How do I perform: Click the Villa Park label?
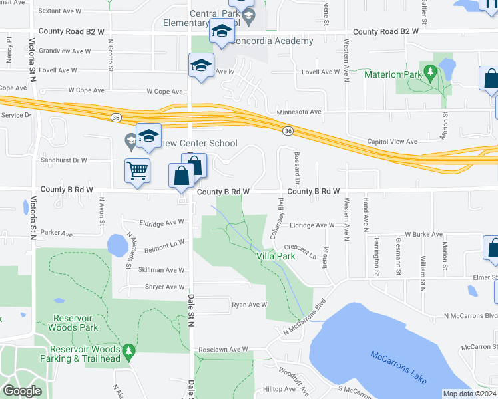click(276, 255)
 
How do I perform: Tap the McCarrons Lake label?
click(398, 366)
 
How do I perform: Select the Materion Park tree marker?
click(431, 72)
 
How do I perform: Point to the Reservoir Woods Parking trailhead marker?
click(128, 350)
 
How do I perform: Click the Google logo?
click(23, 391)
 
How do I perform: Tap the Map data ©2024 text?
click(469, 394)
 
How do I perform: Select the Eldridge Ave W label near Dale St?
click(161, 222)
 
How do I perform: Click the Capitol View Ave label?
click(392, 141)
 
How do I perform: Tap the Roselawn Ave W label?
click(222, 349)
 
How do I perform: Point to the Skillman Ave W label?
click(161, 270)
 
